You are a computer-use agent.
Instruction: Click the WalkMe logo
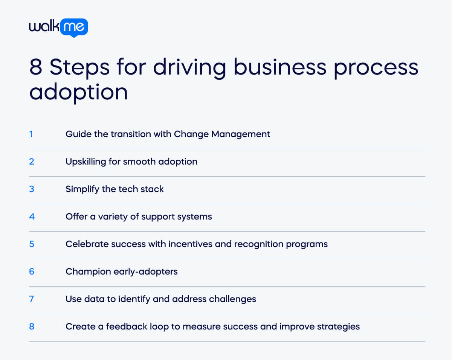58,27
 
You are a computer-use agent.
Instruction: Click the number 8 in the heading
36,67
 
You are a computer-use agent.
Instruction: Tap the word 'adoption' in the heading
78,92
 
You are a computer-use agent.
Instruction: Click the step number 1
31,134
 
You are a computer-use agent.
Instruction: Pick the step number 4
32,217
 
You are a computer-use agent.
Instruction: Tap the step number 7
32,299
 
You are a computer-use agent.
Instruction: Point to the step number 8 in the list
32,326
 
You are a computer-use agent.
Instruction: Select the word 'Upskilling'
86,162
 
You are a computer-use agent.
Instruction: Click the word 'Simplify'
82,189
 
